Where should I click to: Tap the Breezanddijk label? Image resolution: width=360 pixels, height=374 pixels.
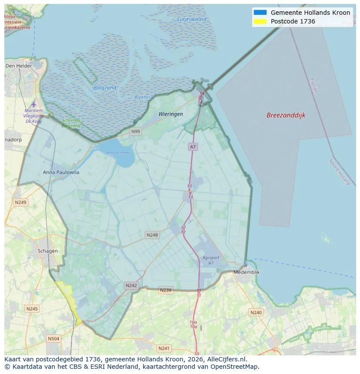pos(286,115)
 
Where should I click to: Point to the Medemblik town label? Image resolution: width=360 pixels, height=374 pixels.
pos(247,272)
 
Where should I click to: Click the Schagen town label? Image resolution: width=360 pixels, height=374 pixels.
pos(47,251)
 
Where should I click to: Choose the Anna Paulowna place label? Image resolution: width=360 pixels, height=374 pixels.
pos(61,172)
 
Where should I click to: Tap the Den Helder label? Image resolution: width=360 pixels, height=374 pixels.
pos(19,66)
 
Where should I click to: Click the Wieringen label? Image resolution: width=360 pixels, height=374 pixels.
pos(170,114)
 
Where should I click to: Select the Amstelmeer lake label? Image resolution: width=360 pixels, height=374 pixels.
pos(118,152)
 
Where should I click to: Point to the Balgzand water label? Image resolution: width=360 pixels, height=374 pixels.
pos(105,87)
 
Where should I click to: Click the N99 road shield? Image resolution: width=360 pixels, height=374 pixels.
pos(136,131)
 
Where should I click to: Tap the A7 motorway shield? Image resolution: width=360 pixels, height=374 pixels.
pos(193,147)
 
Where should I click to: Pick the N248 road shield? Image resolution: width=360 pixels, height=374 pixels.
pos(152,235)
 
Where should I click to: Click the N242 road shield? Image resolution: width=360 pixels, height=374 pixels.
pos(131,285)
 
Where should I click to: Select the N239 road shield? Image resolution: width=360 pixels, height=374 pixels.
pos(166,290)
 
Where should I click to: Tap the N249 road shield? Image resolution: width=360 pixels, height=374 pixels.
pos(20,202)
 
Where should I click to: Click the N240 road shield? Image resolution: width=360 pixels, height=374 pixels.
pos(256,312)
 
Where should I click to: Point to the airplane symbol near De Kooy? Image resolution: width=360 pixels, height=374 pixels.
pos(34,104)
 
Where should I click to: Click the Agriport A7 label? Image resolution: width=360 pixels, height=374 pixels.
pos(210,260)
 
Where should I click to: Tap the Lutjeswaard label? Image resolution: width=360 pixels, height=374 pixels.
pos(192,19)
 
